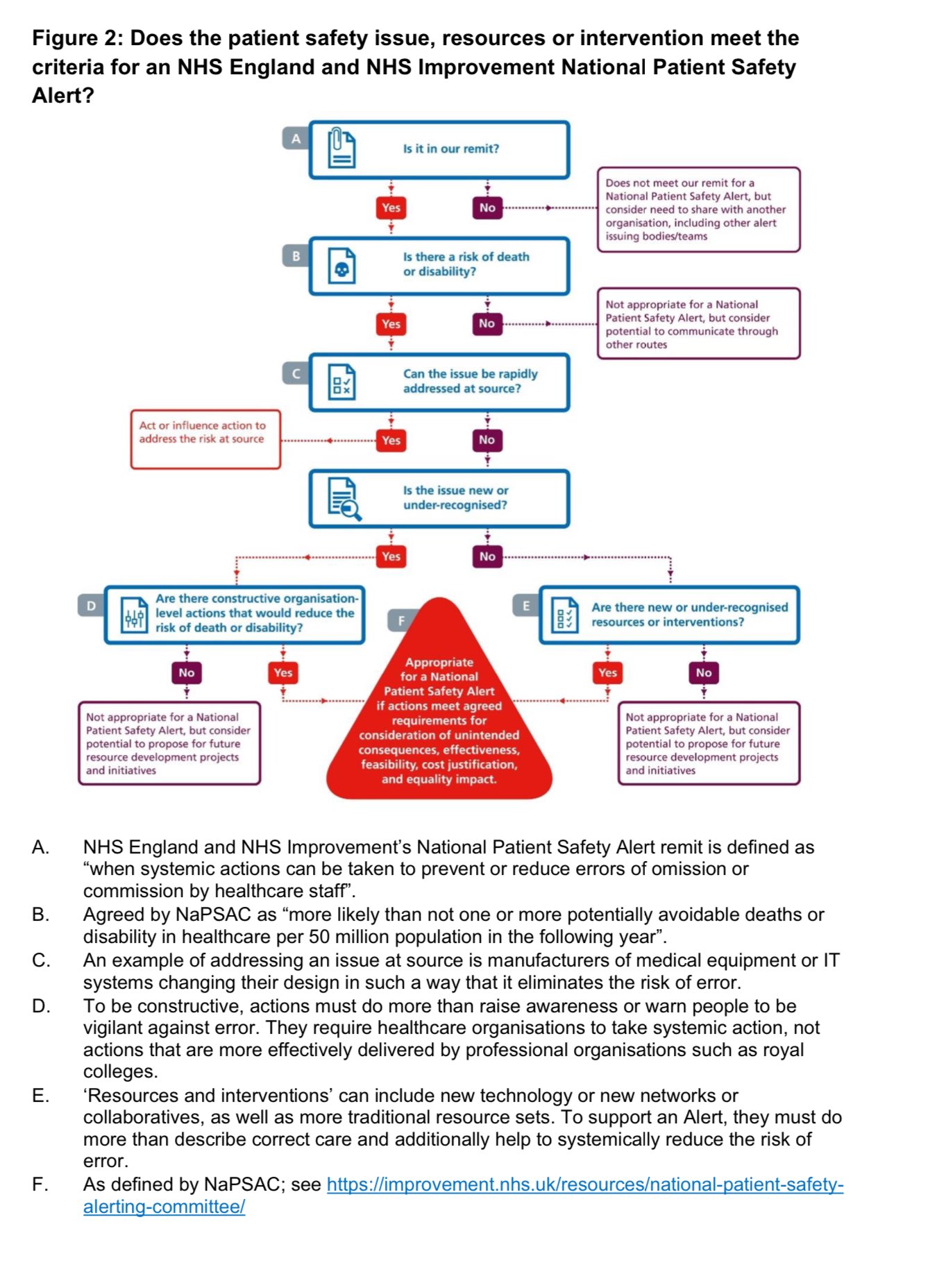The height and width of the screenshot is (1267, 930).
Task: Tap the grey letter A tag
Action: coord(296,139)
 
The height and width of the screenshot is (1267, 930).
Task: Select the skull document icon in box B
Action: coord(341,267)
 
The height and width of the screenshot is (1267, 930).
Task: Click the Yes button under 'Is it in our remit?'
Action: coord(391,207)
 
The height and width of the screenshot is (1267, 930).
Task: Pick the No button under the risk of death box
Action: coord(487,323)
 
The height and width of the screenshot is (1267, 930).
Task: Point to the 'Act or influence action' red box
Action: coord(205,439)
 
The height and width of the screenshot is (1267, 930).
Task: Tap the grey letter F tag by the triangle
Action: coord(401,620)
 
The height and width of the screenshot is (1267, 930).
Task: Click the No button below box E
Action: coord(704,672)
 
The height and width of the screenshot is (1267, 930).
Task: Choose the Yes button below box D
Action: coord(283,672)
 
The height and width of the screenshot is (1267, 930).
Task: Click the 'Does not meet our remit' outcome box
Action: coord(698,210)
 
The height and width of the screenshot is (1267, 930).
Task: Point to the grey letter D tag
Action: coord(91,606)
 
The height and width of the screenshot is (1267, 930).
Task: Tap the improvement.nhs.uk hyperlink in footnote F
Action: coord(584,1184)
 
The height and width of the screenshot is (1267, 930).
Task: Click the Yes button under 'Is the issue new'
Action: coord(391,556)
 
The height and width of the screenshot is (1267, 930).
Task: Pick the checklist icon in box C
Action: coord(341,383)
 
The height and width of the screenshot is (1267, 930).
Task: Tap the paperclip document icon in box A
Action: coord(341,148)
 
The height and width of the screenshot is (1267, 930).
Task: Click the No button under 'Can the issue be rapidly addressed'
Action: coord(487,440)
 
